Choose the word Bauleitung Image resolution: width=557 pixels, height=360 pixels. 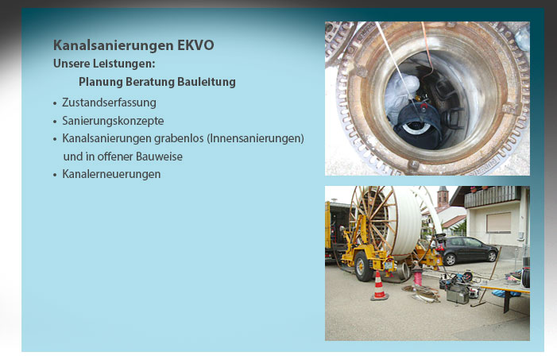point(207,82)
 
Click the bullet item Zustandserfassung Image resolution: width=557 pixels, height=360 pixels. point(109,103)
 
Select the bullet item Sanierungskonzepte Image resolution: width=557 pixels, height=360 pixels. point(113,121)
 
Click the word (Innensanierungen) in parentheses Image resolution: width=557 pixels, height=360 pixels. point(255,138)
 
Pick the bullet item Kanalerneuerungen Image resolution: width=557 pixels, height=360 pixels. point(111,174)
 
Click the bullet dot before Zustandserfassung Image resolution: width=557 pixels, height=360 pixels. point(55,104)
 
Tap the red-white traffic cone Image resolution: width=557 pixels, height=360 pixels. point(379,286)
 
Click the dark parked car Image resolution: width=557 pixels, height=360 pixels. point(468,250)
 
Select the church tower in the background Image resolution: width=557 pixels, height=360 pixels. point(443,197)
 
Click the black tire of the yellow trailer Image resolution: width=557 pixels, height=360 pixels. point(363,266)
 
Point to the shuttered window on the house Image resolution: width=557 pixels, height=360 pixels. point(499,223)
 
